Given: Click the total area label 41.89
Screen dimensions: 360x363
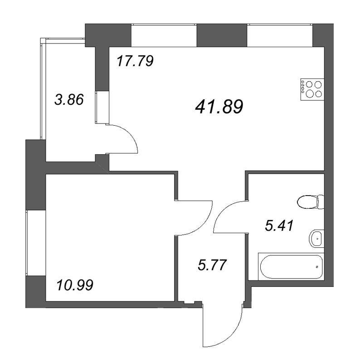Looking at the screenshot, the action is click(219, 107).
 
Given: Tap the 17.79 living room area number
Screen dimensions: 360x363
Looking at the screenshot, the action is click(135, 61).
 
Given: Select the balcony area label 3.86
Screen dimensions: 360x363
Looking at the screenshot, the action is click(69, 100).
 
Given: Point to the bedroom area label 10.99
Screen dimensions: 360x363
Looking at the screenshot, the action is click(75, 285).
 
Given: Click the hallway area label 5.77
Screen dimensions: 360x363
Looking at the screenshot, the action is click(212, 265).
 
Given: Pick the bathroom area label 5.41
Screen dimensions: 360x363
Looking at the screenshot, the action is click(279, 226).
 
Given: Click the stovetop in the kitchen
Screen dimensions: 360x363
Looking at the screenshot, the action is click(312, 89).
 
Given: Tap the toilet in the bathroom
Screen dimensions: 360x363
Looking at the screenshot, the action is click(311, 202).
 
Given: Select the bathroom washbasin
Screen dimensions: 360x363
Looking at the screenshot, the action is click(316, 239).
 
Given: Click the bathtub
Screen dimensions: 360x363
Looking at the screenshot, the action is click(291, 267).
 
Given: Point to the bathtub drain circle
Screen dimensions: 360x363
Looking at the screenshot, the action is click(317, 267).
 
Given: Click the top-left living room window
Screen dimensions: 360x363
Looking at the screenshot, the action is click(164, 35).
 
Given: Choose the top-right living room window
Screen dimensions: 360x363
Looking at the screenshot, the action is click(280, 35).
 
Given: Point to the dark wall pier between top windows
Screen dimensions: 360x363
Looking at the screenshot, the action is click(222, 35).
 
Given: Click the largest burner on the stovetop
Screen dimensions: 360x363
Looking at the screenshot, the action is click(310, 93).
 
